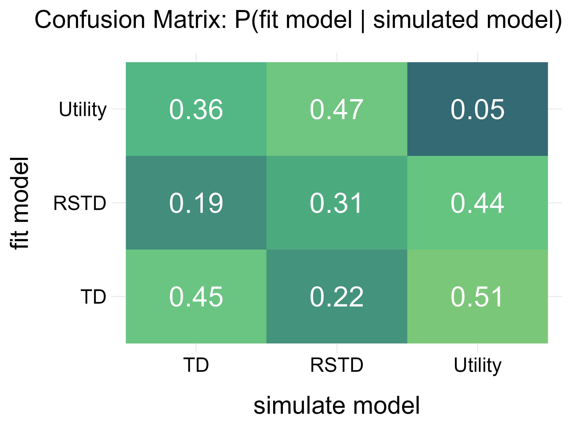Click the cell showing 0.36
196,109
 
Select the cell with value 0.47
337,109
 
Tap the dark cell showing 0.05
477,109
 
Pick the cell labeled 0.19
196,203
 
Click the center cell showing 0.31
337,203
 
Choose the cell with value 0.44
477,203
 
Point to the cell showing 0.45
196,296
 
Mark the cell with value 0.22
337,296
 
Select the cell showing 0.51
477,296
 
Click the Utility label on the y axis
82,110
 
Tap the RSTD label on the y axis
80,203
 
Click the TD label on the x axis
196,365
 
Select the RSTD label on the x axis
337,365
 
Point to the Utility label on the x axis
477,365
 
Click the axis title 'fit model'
19,203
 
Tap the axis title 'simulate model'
337,405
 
